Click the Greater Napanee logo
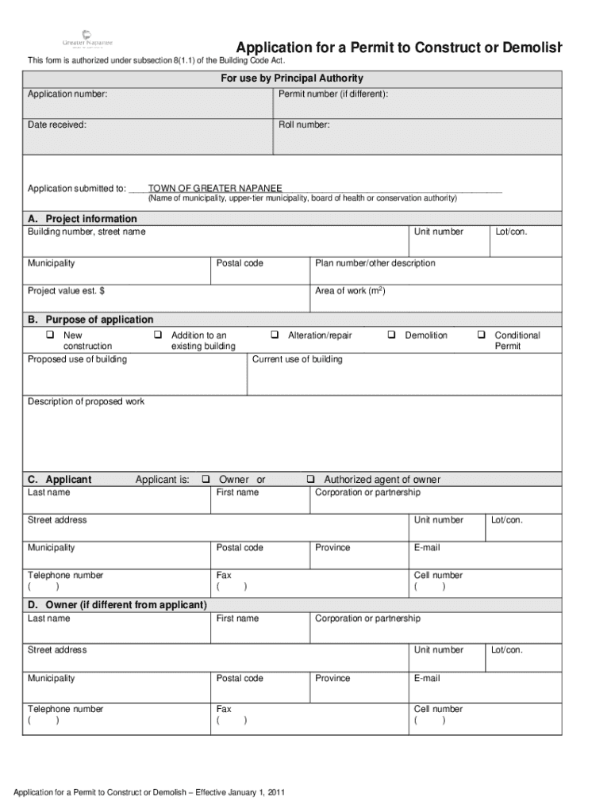click(x=87, y=40)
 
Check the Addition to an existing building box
click(x=158, y=335)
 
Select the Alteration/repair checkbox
click(x=275, y=335)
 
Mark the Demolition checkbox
click(x=392, y=335)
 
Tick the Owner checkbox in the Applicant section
click(x=206, y=480)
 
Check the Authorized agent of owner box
click(x=311, y=480)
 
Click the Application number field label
click(x=68, y=95)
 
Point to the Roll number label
click(x=304, y=124)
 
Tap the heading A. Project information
click(x=83, y=219)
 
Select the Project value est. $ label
click(x=67, y=291)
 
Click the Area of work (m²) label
click(x=350, y=291)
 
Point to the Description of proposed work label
click(x=86, y=402)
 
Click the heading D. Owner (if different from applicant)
click(x=117, y=605)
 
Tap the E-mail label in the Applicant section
click(x=427, y=548)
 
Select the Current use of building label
click(x=298, y=359)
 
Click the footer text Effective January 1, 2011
click(x=240, y=793)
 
